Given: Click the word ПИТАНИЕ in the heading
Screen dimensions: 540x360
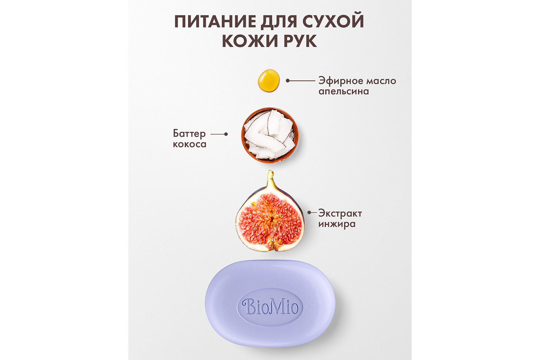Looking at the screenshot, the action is pos(215,22).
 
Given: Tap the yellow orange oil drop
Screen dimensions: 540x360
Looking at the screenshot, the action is pos(269,80).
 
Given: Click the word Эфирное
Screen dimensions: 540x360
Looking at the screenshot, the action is pos(341,81).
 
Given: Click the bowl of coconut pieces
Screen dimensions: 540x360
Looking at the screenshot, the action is pos(270,135).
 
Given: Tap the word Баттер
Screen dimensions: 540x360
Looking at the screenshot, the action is pos(189,134).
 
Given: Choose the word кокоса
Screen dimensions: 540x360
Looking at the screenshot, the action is pos(190,144).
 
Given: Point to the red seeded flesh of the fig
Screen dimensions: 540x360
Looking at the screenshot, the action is pos(270,220).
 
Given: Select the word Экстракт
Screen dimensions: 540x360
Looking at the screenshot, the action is pos(340,213).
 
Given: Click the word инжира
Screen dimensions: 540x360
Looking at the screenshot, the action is pos(337,224).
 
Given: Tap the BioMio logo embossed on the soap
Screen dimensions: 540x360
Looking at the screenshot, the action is pos(270,307).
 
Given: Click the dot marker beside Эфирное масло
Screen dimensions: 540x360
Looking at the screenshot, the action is pos(288,81).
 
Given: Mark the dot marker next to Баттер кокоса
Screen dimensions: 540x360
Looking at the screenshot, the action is pos(226,134).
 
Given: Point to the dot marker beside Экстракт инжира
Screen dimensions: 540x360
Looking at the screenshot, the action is pos(309,212).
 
